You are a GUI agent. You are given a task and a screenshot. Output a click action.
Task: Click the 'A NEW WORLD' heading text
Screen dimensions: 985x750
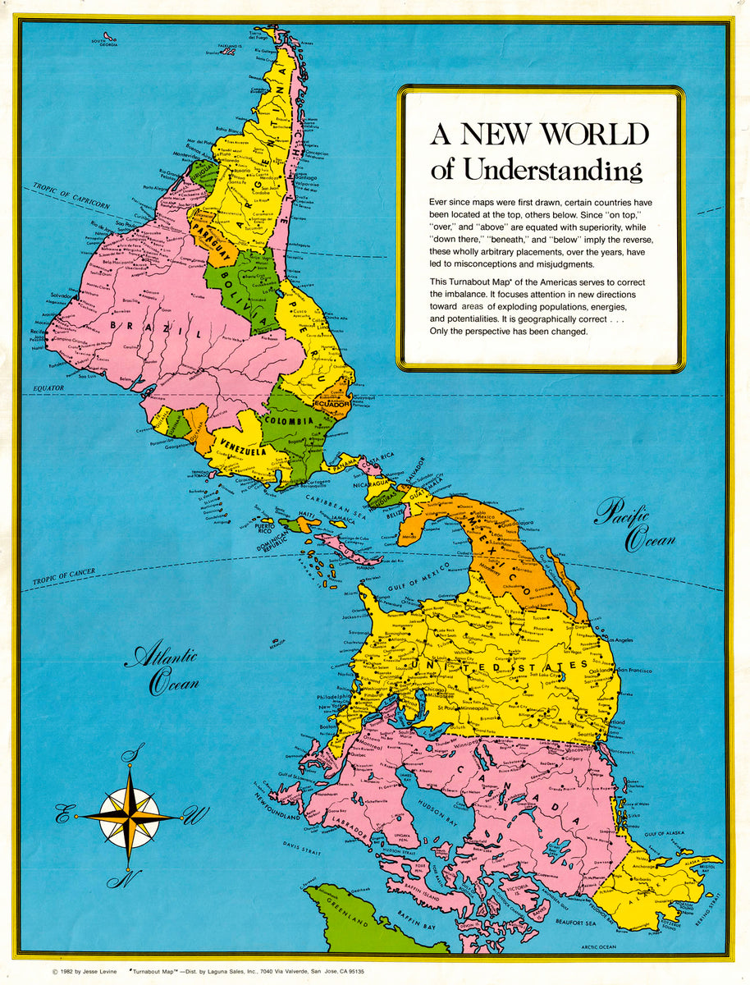540,134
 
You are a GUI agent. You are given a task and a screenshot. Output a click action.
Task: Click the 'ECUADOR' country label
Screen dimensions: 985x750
332,405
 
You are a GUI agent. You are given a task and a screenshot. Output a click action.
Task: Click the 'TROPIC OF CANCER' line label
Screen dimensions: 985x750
64,578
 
